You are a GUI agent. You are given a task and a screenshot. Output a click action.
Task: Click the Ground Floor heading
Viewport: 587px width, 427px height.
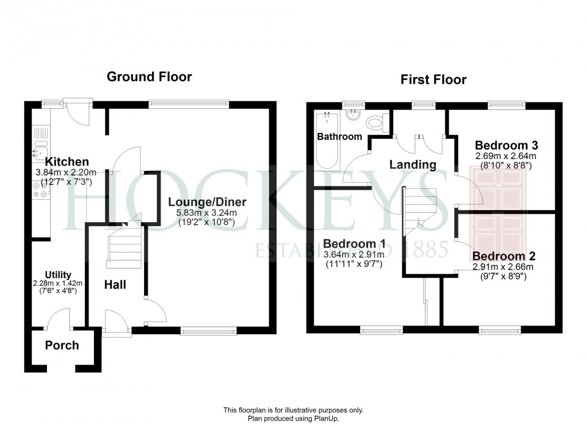pos(149,76)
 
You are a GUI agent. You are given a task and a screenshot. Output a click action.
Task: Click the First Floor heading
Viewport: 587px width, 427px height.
pos(433,80)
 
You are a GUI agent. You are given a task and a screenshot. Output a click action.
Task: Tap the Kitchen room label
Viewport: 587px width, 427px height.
pos(67,162)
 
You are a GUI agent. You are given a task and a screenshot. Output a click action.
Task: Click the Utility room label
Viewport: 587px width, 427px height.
pos(58,275)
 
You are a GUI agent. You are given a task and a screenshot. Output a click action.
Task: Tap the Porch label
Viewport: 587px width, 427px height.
pos(62,345)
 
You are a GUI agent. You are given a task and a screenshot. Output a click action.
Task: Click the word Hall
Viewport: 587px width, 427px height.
pos(115,284)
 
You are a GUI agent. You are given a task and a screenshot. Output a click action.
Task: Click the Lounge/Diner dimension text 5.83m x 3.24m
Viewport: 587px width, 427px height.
pos(207,212)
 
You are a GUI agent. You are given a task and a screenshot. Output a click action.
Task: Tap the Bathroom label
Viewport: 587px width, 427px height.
pos(339,137)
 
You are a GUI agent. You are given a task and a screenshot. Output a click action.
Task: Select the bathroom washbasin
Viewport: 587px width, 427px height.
pos(353,116)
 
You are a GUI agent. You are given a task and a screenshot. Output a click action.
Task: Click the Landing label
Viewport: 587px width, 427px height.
pos(413,164)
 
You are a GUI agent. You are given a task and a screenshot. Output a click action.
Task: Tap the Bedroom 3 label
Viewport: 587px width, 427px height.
pos(506,145)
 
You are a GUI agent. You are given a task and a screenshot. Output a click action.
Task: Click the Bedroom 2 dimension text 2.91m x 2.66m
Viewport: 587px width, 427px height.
pos(502,267)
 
